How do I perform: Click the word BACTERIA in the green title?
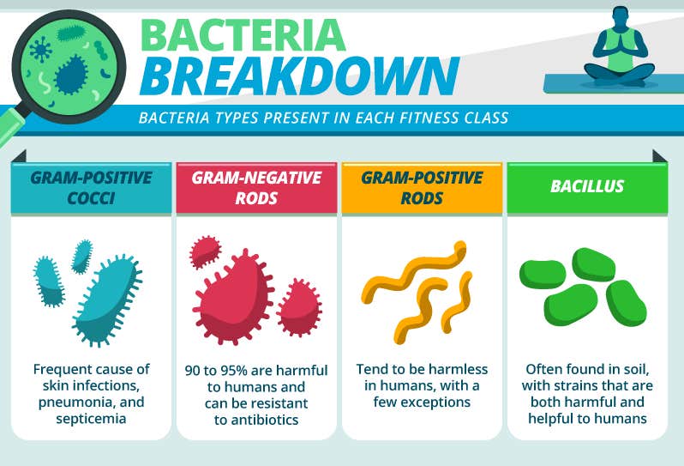click(x=243, y=35)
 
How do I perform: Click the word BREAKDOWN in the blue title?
click(x=300, y=76)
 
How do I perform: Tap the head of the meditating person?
click(x=620, y=17)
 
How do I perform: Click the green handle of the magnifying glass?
click(x=9, y=127)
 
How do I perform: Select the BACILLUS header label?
click(x=587, y=186)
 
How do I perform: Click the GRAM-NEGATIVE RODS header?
click(x=256, y=188)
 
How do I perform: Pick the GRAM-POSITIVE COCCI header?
click(x=91, y=188)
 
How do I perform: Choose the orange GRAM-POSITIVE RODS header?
click(x=422, y=188)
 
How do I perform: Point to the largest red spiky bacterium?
click(x=233, y=297)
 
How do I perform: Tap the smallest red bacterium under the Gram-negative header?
click(x=205, y=252)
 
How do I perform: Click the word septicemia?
click(x=91, y=419)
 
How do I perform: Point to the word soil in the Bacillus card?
click(x=634, y=370)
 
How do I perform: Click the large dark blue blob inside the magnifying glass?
click(x=70, y=75)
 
